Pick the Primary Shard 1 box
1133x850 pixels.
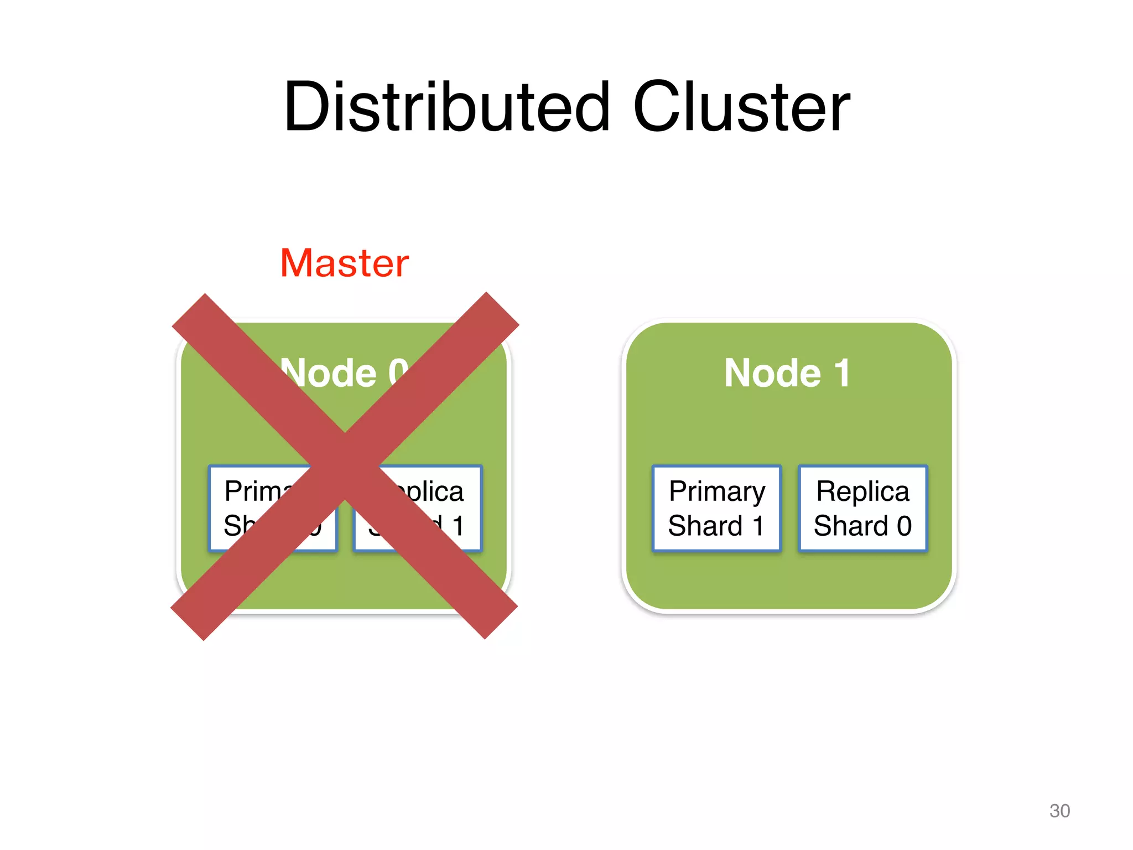pyautogui.click(x=716, y=508)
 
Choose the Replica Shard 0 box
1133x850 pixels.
pyautogui.click(x=862, y=508)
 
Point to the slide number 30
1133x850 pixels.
pyautogui.click(x=1059, y=811)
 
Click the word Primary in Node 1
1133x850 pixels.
pyautogui.click(x=717, y=491)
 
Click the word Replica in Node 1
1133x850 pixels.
pyautogui.click(x=862, y=491)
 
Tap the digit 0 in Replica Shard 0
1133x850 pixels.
pyautogui.click(x=904, y=526)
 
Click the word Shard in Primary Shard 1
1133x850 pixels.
pyautogui.click(x=705, y=526)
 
